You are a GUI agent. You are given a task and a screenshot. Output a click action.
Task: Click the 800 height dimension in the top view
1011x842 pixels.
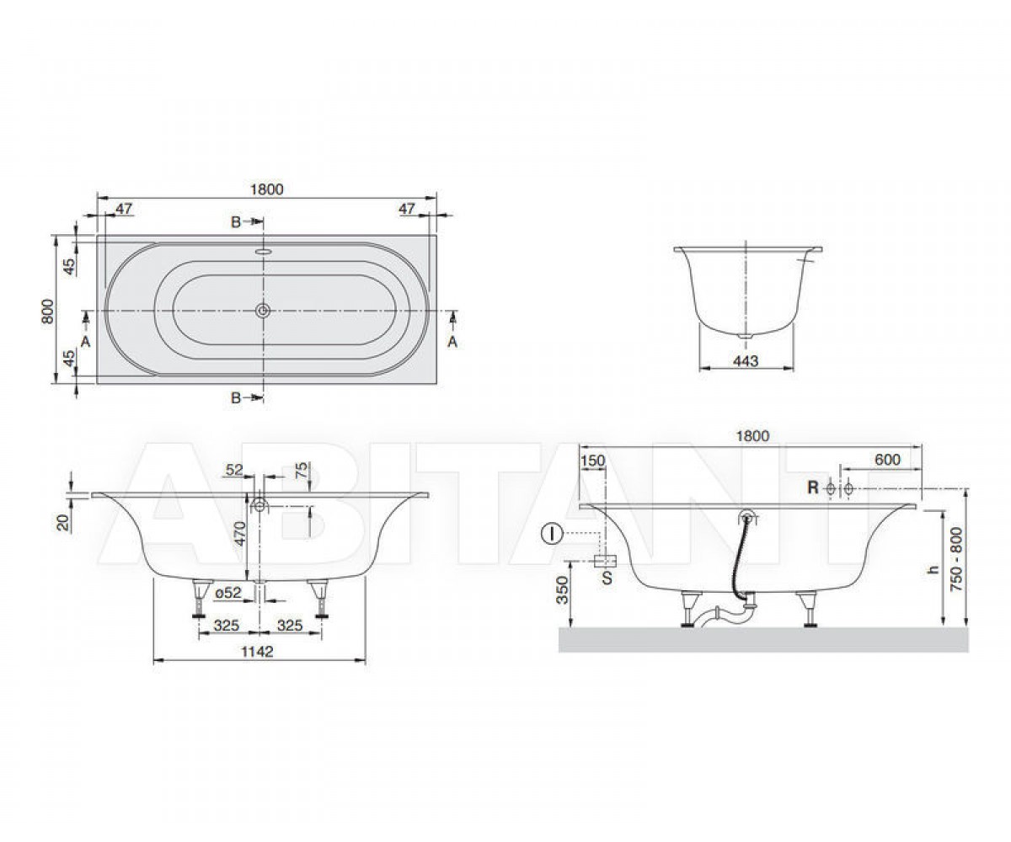[47, 312]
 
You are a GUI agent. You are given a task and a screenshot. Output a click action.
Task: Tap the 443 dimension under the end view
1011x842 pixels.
[746, 360]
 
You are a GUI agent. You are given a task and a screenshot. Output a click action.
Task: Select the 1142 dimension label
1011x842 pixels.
[257, 652]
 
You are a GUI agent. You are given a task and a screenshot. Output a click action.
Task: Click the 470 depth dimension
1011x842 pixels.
[241, 534]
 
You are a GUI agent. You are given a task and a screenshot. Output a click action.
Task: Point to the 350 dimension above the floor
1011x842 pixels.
[562, 590]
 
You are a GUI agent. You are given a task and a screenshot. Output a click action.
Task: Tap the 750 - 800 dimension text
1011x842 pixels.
[956, 559]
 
